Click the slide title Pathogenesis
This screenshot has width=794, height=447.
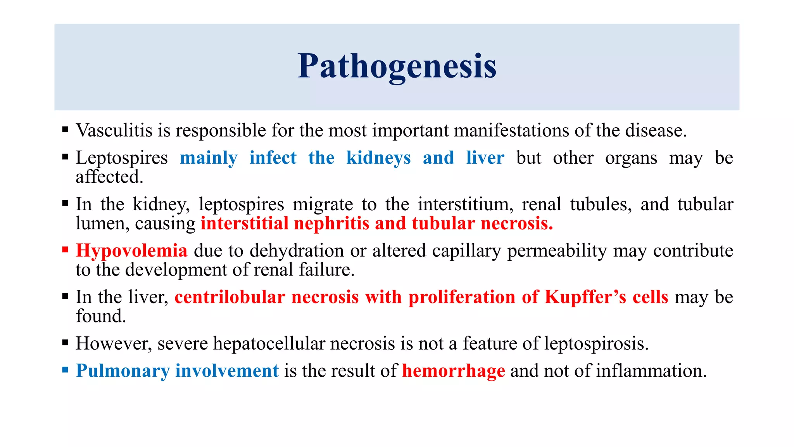coord(397,66)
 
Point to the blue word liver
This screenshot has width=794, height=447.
coord(485,158)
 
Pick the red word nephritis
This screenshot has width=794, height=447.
coord(331,224)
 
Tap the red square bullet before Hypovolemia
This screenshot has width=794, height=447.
coord(65,249)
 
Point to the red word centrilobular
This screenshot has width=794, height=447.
coord(230,297)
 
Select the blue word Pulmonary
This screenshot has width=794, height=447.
coord(123,371)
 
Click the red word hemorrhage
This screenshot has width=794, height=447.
coord(454,371)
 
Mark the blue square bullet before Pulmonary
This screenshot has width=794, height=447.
coord(65,369)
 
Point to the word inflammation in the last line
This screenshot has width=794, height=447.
coord(651,371)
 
